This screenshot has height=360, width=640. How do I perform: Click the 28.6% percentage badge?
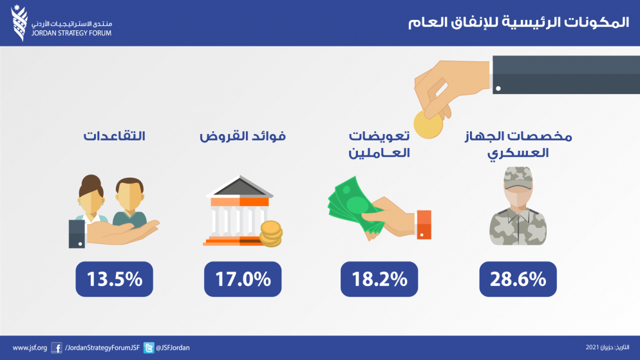click(518, 279)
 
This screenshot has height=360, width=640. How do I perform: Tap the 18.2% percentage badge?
click(379, 279)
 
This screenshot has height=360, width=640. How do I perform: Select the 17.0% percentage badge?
click(243, 279)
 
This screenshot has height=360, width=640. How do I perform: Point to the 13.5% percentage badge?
click(115, 279)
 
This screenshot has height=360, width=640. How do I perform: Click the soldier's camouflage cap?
click(518, 178)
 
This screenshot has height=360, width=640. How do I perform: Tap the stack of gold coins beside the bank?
click(271, 234)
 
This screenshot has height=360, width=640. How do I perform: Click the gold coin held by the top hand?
click(428, 124)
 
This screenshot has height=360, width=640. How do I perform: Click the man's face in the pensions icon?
click(129, 198)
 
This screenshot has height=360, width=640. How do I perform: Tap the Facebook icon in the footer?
click(56, 348)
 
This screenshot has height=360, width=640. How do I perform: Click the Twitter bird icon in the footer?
click(149, 348)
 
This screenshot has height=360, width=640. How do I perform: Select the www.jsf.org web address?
click(30, 348)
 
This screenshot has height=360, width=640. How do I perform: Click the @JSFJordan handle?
click(173, 348)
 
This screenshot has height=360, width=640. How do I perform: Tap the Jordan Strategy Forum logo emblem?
click(19, 23)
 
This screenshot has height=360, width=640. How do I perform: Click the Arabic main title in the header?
click(518, 22)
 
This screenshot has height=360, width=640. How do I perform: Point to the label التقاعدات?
click(115, 136)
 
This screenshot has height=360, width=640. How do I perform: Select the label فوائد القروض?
click(243, 136)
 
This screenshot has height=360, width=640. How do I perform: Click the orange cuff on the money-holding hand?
click(424, 225)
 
